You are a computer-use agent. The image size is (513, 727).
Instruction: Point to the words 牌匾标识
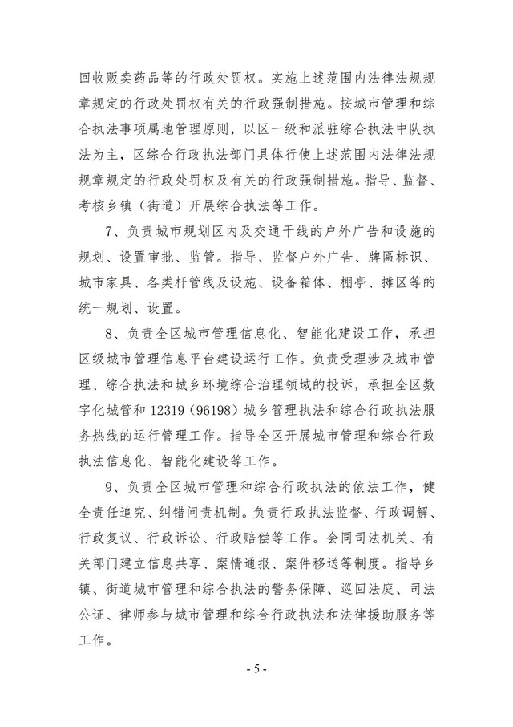[398, 258]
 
